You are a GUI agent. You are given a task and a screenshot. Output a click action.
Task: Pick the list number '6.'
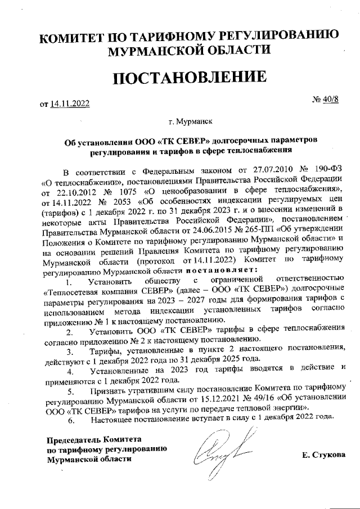point(71,419)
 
